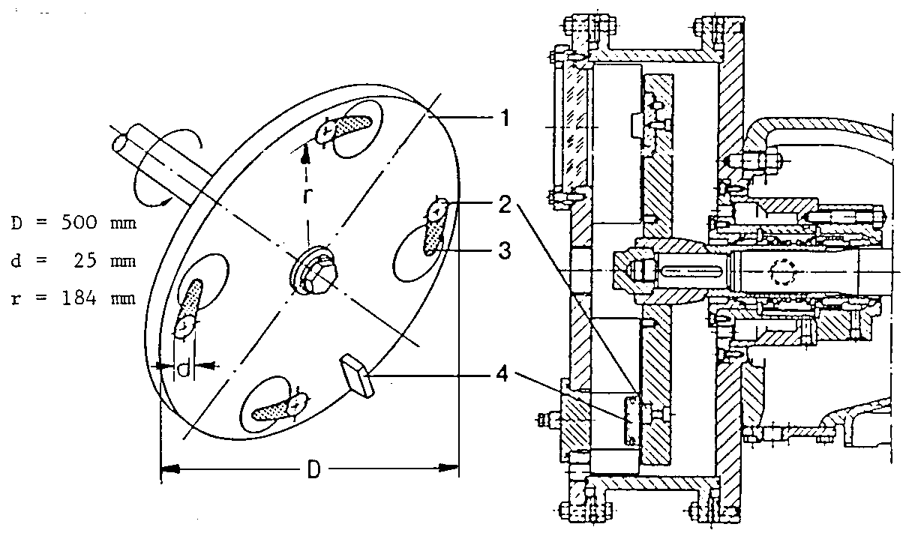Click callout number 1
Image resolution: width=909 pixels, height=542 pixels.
(x=505, y=118)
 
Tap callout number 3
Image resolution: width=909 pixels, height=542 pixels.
(x=505, y=250)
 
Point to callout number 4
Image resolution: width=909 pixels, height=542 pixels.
(x=502, y=374)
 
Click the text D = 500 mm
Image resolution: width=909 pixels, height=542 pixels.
(x=73, y=223)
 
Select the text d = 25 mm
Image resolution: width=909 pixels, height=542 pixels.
(x=73, y=261)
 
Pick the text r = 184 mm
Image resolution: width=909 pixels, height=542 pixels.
(x=73, y=298)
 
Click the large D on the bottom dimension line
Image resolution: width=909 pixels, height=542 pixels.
(x=313, y=470)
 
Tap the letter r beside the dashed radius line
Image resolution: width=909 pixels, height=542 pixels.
(x=307, y=196)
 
